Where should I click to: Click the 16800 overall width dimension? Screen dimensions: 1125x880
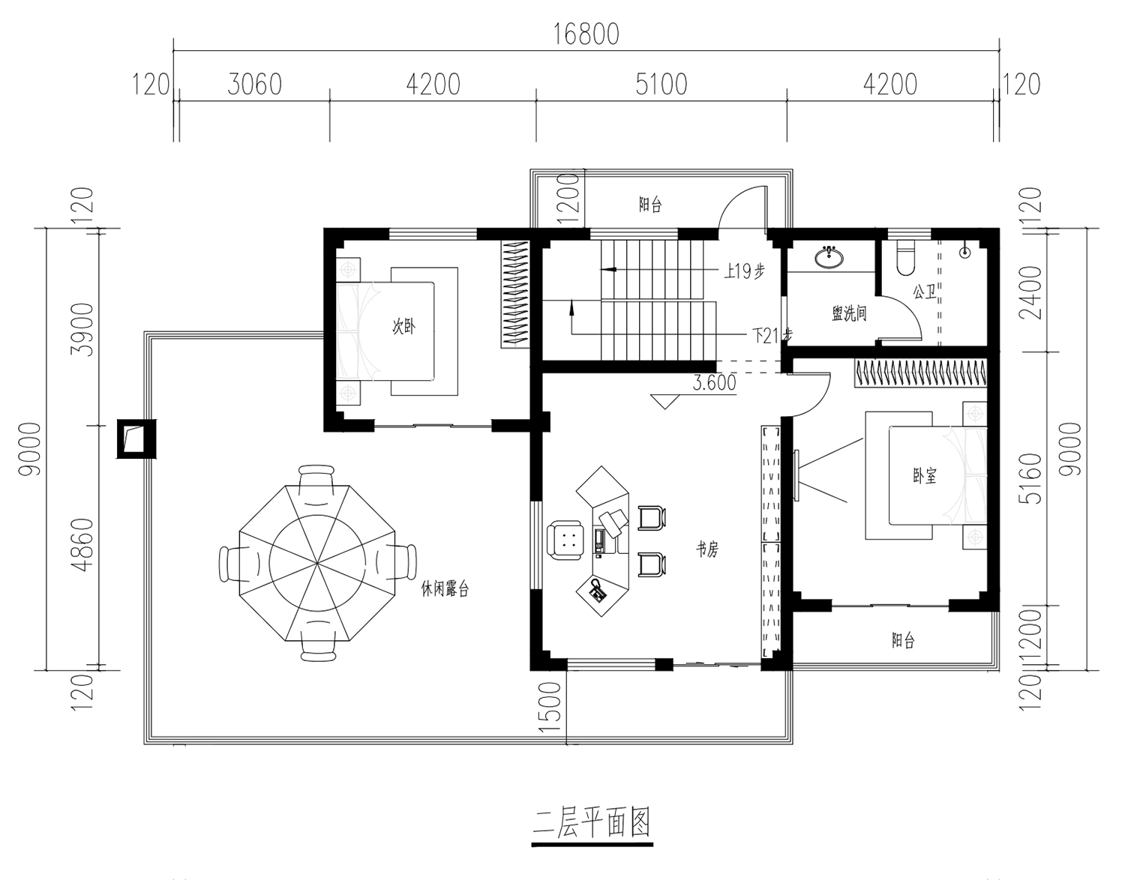coord(586,34)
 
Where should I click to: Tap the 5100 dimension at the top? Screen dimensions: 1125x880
coord(661,84)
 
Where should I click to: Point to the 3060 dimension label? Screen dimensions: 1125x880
coord(255,84)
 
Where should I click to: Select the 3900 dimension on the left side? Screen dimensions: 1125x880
coord(82,330)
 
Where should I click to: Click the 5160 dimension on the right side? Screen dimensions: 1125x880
coord(1029,478)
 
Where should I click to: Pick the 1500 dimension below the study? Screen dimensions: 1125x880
coord(550,707)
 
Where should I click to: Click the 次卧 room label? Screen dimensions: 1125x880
coord(403,327)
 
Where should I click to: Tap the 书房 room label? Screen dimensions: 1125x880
coord(707,549)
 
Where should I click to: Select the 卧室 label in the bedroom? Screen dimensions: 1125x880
coord(925,476)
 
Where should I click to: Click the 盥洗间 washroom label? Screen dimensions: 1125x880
coord(849,313)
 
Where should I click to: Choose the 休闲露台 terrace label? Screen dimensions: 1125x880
coord(445,588)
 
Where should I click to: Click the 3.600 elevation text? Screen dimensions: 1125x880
coord(715,382)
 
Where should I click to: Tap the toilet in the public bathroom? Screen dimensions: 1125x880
coord(905,258)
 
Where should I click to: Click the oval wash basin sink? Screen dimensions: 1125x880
coord(829,257)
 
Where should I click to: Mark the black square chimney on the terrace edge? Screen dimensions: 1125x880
coord(136,439)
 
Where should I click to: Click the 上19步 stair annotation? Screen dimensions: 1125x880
coord(744,271)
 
